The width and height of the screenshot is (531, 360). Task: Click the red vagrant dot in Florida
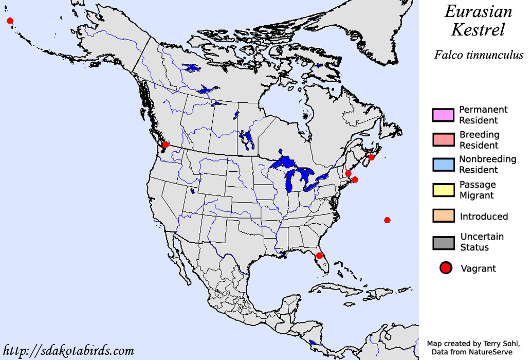[319, 256]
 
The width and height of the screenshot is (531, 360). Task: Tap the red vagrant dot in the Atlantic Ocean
[387, 220]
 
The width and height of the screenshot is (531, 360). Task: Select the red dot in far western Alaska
[10, 21]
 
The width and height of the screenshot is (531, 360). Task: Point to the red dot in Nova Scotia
[372, 157]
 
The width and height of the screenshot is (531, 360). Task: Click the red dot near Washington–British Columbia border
[166, 145]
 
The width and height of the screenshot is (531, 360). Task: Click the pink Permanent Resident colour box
[443, 115]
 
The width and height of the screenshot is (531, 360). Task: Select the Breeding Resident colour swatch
[443, 140]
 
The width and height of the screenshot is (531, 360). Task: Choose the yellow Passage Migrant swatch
[443, 190]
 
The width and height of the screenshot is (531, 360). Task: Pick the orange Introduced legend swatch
[443, 216]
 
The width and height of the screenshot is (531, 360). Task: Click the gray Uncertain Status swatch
[443, 242]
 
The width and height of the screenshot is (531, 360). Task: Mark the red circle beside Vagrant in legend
[446, 268]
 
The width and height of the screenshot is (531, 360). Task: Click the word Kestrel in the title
[478, 30]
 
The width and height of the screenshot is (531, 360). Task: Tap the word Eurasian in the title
[479, 11]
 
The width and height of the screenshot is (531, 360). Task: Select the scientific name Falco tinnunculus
[479, 55]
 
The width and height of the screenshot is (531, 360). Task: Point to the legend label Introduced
[484, 217]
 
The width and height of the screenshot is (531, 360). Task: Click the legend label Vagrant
[478, 268]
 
